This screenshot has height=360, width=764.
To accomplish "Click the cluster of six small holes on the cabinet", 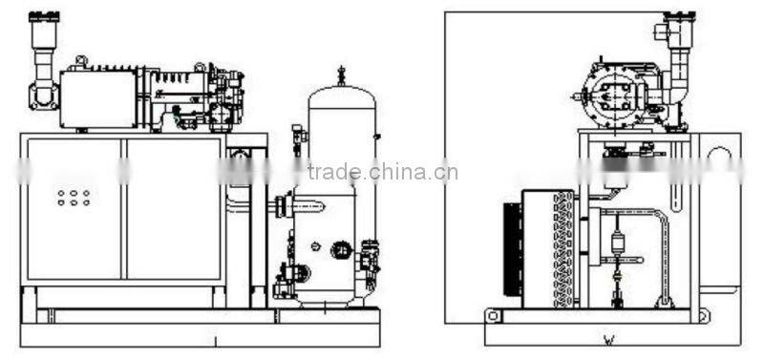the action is coord(74,197).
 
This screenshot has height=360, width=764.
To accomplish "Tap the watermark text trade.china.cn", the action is coord(382,173).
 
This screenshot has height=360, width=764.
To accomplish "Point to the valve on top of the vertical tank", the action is coord(341,74).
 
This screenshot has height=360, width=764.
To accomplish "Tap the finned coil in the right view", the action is coord(563,248).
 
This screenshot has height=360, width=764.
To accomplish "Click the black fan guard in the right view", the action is coord(514,250).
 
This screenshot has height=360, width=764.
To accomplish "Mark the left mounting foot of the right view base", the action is coord(493,315).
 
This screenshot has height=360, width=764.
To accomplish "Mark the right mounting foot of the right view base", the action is coord(703,315).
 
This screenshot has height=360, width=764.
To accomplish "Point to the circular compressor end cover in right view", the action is coord(608,96).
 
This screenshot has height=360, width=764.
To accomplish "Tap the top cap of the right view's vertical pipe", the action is coord(681,20).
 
